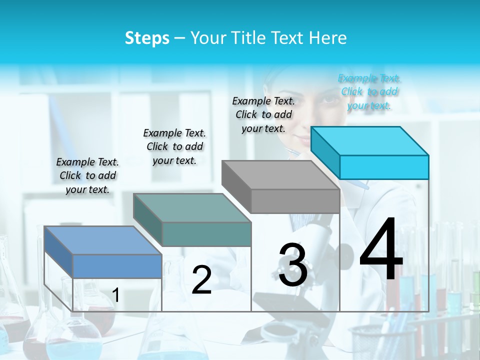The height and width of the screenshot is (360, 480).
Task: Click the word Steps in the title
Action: point(147,38)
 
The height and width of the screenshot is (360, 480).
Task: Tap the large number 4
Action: point(381,250)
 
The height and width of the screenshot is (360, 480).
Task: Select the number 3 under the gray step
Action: point(292,264)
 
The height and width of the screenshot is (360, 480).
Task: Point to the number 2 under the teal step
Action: point(201,280)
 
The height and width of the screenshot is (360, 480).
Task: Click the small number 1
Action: point(116,295)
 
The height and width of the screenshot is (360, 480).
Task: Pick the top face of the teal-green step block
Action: point(192,207)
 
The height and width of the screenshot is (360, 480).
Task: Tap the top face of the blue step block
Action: point(103,240)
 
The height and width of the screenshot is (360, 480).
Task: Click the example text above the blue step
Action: point(87,175)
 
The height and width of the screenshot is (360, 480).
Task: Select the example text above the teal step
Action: point(174,146)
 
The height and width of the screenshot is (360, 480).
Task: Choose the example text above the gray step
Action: point(263,114)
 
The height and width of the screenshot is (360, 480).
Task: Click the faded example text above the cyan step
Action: point(369,91)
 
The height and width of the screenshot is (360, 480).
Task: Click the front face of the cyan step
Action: point(384,167)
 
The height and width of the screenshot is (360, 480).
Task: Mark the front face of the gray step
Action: point(295,201)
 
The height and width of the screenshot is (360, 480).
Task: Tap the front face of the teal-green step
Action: point(206,234)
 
